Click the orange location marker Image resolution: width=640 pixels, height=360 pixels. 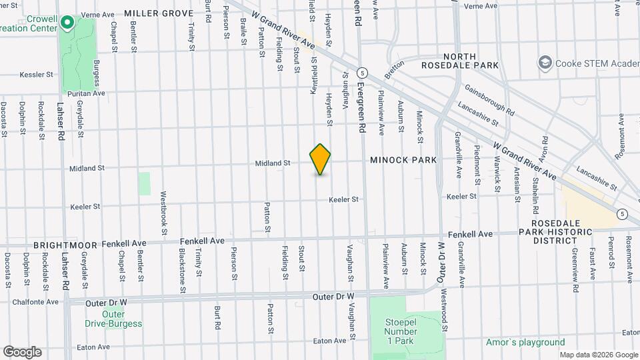coord(321,159)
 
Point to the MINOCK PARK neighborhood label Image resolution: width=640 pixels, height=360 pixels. coord(404,160)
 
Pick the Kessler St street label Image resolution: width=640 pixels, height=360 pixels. coord(36,75)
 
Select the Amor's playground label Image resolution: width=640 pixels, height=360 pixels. coord(525,343)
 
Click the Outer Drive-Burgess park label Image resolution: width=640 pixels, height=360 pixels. coord(113,319)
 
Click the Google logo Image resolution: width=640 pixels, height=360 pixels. coord(22,351)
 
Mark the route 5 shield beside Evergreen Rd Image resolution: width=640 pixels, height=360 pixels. coord(362,72)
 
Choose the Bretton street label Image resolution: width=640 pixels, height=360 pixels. coord(394,69)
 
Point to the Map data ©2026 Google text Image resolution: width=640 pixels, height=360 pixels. coord(598,355)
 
